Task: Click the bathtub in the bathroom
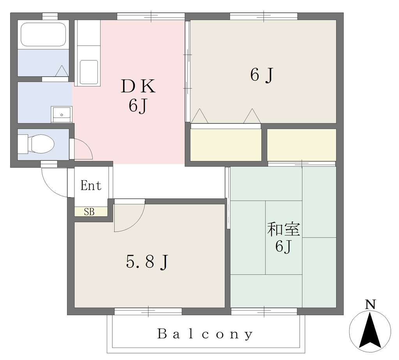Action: pyautogui.click(x=43, y=35)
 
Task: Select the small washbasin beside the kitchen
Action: pyautogui.click(x=62, y=114)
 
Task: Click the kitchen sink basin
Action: pyautogui.click(x=89, y=72)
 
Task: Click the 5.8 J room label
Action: pyautogui.click(x=147, y=262)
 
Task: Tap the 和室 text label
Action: pyautogui.click(x=284, y=229)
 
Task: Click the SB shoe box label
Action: pyautogui.click(x=89, y=212)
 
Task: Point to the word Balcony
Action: pyautogui.click(x=205, y=334)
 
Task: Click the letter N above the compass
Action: pyautogui.click(x=370, y=304)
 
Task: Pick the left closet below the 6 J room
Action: pyautogui.click(x=226, y=145)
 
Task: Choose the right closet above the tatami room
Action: pyautogui.click(x=302, y=145)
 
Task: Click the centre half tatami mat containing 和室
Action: pyautogui.click(x=284, y=237)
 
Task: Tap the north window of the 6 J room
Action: pyautogui.click(x=264, y=16)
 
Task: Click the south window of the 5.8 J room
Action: pyautogui.click(x=148, y=311)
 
